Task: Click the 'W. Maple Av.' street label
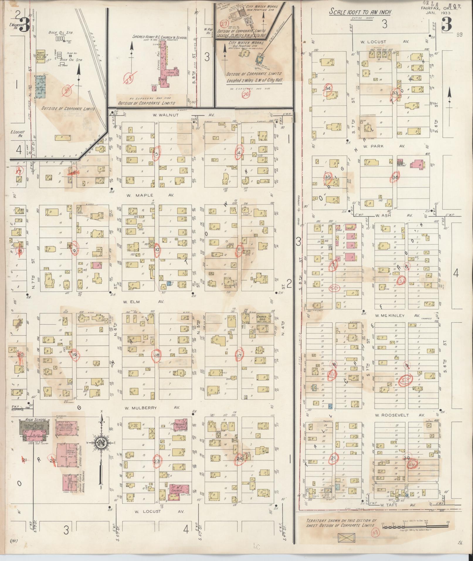150,195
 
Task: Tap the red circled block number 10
157,250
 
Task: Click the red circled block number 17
240,355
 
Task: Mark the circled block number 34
328,88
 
